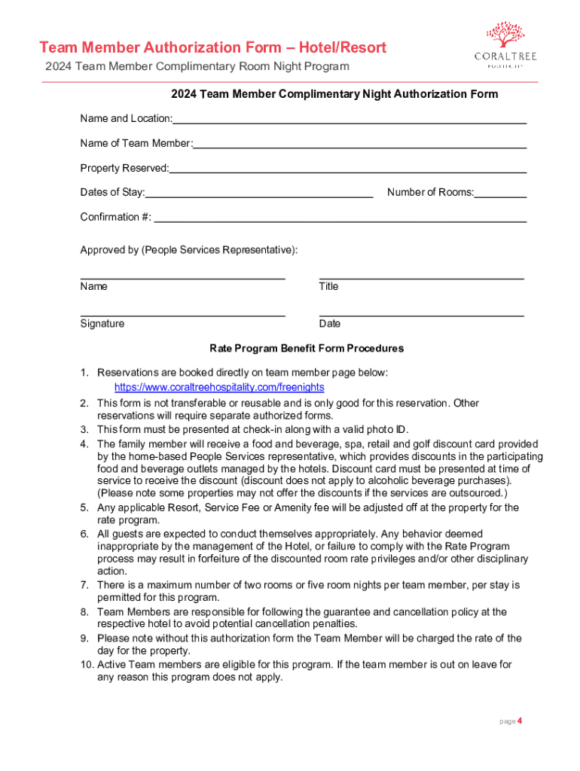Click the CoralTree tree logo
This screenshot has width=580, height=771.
tap(505, 34)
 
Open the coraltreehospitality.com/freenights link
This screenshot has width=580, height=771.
tap(219, 387)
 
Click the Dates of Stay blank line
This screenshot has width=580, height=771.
tap(259, 196)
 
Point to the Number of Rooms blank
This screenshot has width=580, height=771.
tap(500, 196)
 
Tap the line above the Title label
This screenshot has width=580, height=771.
tap(421, 279)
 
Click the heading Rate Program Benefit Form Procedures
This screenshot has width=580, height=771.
tap(307, 349)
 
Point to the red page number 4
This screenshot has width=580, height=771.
tap(519, 721)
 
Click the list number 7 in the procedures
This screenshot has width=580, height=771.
tap(85, 585)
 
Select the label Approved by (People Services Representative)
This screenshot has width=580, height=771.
tap(189, 250)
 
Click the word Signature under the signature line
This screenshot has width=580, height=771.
tap(102, 324)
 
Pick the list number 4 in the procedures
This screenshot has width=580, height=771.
tap(85, 444)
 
